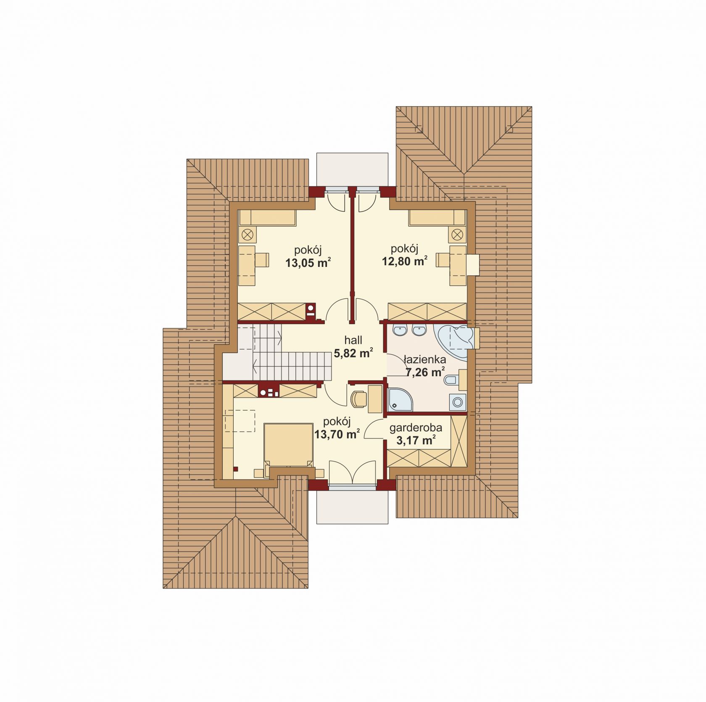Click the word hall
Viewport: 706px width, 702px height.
pos(353,340)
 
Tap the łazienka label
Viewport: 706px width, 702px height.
pos(425,360)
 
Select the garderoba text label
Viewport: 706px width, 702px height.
pos(416,428)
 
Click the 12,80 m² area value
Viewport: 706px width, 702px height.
pos(405,261)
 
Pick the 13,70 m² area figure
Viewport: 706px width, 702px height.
pos(337,434)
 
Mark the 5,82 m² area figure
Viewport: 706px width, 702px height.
pos(353,353)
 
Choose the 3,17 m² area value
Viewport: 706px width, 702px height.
pos(416,441)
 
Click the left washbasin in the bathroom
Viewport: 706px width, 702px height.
pos(400,330)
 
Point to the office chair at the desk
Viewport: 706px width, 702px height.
pos(358,399)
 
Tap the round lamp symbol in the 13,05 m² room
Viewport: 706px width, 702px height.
pos(248,234)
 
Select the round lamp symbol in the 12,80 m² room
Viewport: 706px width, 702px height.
pos(458,234)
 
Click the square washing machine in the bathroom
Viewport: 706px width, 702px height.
pos(457,402)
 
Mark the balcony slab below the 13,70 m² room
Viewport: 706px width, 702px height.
pos(352,507)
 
